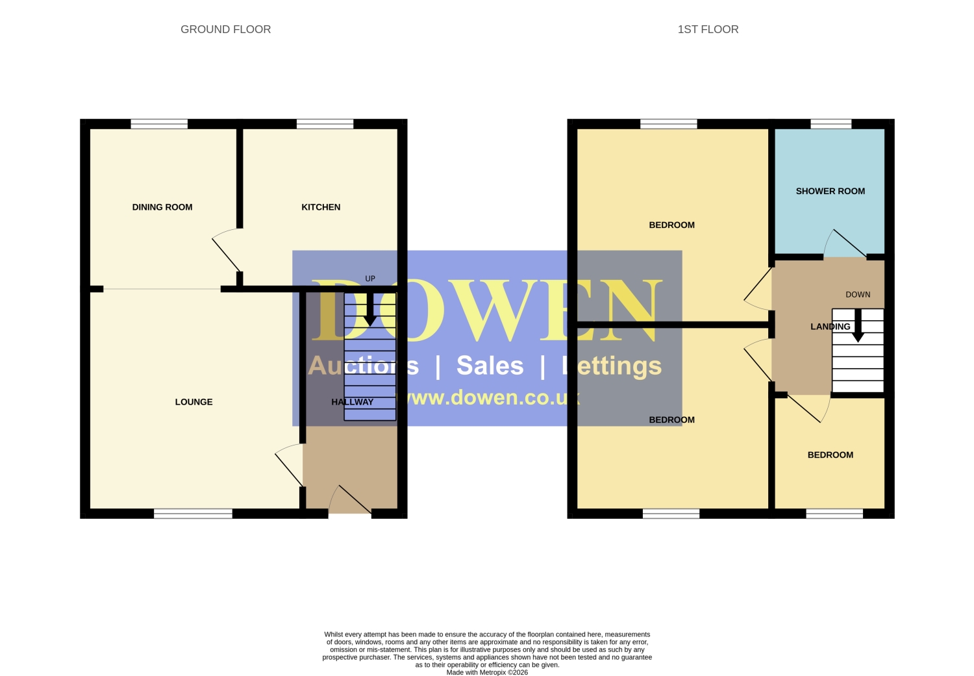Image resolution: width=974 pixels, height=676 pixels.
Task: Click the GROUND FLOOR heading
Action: click(226, 29)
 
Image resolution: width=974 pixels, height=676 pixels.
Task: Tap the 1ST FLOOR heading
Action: click(708, 29)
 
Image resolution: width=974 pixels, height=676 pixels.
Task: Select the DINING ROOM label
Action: click(162, 207)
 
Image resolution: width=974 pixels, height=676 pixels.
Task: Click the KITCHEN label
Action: click(321, 207)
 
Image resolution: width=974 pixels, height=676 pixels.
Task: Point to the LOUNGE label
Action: click(194, 402)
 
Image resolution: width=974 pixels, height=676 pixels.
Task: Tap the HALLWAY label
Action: click(352, 402)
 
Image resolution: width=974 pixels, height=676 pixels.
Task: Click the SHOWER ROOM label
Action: click(830, 191)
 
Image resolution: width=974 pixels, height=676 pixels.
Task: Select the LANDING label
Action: click(830, 327)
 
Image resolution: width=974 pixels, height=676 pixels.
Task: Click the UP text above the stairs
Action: click(370, 279)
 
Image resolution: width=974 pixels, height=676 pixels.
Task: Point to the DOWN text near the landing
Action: click(858, 294)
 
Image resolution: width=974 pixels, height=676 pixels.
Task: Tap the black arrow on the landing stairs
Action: click(858, 325)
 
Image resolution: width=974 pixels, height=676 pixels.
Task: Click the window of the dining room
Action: click(159, 124)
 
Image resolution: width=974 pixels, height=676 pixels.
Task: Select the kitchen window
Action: click(325, 124)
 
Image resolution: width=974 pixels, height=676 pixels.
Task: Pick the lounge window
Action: click(193, 514)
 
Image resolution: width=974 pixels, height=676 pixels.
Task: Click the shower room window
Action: click(831, 124)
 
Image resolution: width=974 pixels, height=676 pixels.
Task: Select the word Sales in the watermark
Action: click(490, 365)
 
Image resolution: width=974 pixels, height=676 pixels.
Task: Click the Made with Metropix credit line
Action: click(487, 672)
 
